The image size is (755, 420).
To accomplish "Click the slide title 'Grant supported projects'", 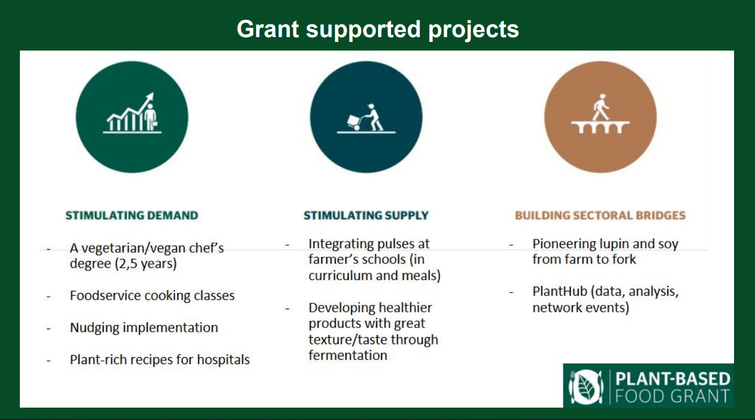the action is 378,30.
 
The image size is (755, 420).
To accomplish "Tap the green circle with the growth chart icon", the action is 132,117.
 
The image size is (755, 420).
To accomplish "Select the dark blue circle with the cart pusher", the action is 366,117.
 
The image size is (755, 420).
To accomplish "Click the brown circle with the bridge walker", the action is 600,117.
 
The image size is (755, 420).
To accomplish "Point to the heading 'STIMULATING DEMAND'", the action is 132,215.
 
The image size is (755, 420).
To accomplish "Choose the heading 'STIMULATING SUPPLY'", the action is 366,215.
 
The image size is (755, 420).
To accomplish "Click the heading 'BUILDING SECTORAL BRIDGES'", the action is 600,215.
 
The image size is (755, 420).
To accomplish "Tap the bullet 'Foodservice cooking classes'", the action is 152,296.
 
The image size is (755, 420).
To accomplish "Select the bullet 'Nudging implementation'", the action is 144,328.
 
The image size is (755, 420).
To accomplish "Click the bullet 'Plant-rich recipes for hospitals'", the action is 160,360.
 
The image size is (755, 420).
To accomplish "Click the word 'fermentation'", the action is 348,355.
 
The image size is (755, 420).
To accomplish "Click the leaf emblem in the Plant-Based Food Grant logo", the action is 586,387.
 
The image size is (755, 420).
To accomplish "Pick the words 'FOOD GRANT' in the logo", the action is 672,396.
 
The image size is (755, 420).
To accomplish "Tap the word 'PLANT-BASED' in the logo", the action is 673,379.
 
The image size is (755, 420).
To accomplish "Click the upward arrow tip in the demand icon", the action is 153,94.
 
